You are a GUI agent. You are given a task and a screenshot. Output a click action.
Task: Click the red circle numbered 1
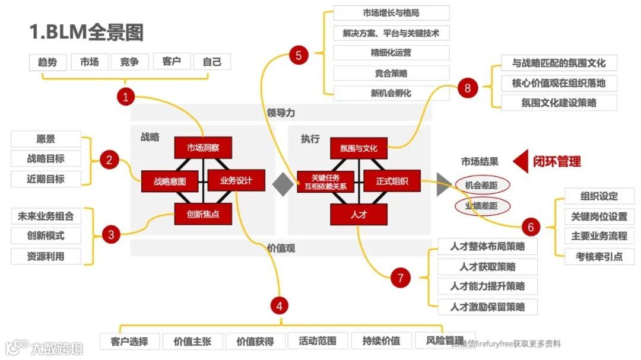point(125,97)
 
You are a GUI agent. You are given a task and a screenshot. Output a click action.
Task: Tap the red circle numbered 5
point(298,55)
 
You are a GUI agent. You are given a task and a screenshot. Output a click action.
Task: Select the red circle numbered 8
point(468,88)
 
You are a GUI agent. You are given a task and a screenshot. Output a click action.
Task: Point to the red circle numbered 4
point(279,305)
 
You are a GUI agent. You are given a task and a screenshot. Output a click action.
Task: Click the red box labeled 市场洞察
point(202,148)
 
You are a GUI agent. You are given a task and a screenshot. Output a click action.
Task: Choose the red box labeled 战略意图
point(170,181)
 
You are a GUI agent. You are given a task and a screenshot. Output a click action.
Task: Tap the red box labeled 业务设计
point(236,180)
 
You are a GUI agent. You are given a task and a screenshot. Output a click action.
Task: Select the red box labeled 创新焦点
point(202,214)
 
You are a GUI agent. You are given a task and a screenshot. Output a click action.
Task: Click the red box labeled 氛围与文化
point(358,148)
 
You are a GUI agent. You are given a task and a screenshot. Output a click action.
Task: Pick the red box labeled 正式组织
point(391,181)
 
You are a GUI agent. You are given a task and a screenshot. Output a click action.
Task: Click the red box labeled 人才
point(358,214)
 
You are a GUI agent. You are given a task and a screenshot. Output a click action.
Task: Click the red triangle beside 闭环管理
point(521,161)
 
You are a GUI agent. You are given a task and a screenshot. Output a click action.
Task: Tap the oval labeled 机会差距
point(481,185)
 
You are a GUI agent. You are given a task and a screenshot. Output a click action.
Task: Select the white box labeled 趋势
point(47,62)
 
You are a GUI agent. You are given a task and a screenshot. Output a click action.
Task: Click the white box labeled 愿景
point(46,139)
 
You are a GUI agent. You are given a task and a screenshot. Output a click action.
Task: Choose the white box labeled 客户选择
point(129,341)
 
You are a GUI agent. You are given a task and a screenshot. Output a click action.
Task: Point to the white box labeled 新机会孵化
point(391,93)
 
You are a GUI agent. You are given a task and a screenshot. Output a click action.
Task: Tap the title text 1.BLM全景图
point(87,32)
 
